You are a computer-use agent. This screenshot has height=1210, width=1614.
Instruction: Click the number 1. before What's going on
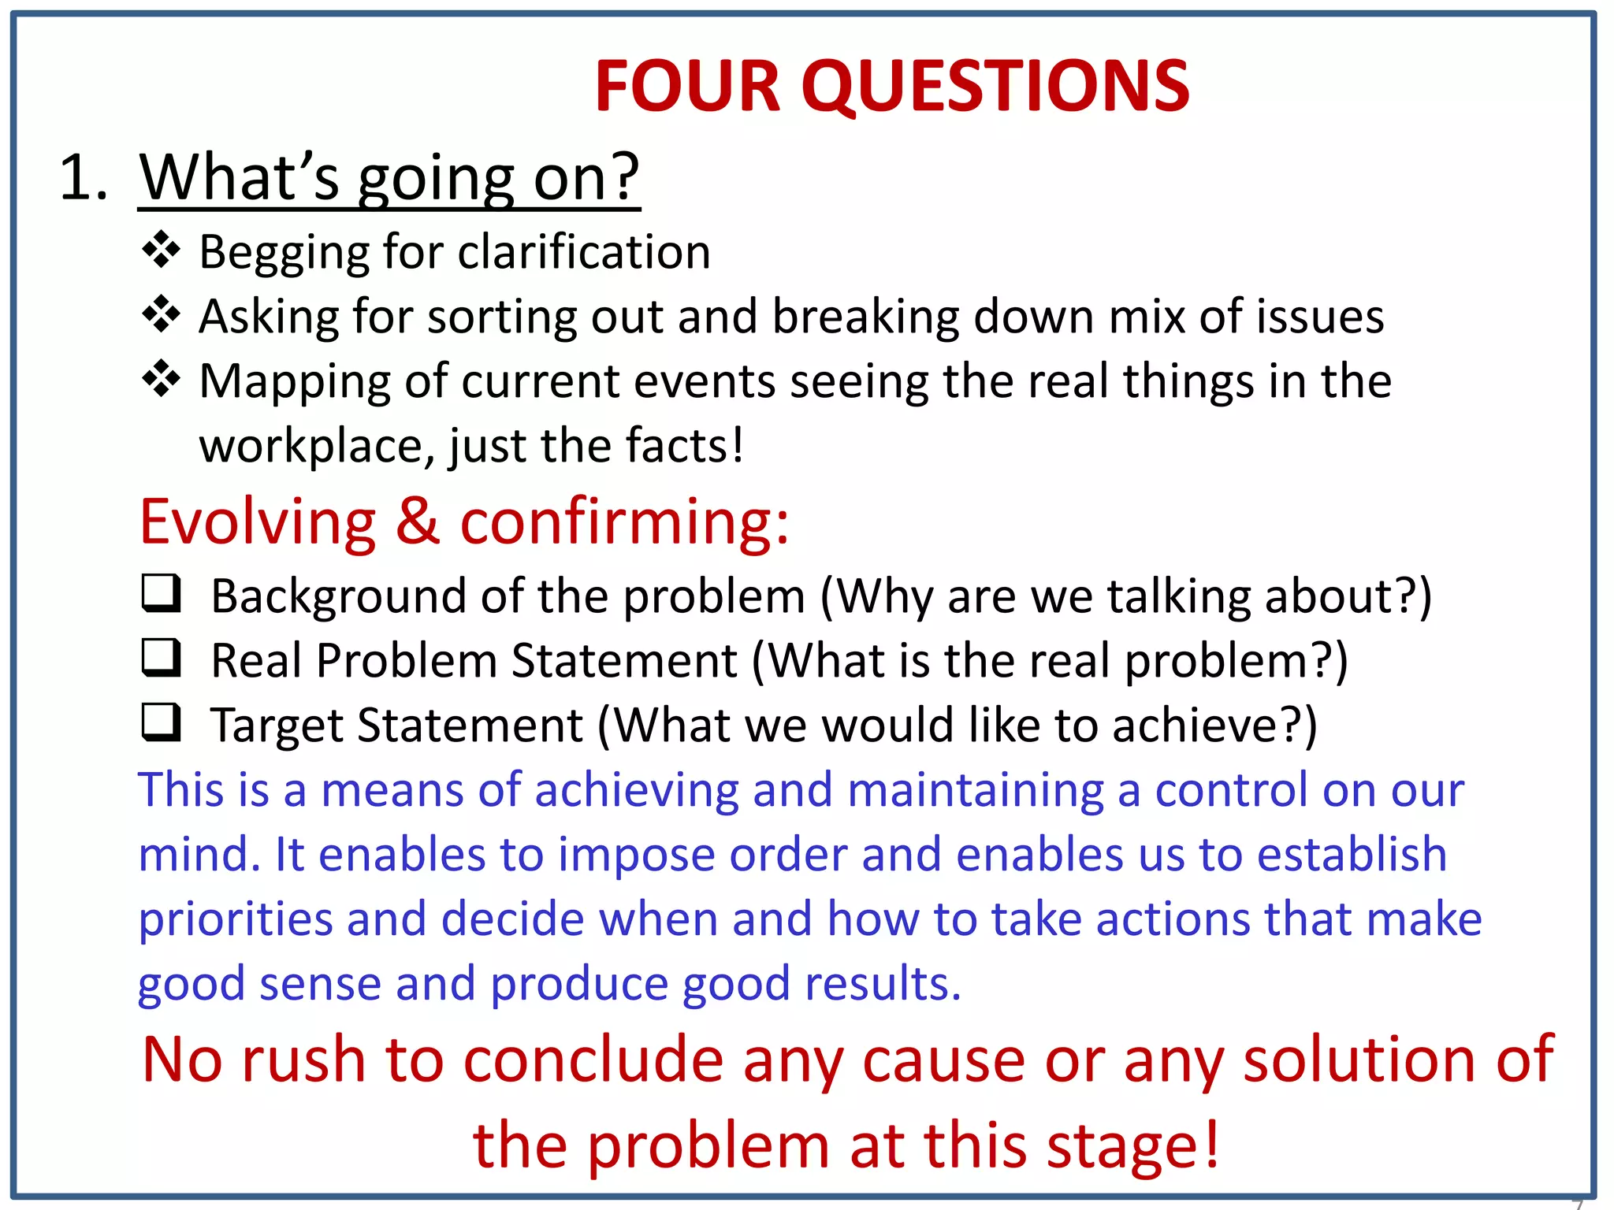click(83, 178)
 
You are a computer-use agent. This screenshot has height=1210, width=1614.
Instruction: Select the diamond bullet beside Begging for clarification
click(162, 251)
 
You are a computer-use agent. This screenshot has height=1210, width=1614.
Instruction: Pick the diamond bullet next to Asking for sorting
click(162, 316)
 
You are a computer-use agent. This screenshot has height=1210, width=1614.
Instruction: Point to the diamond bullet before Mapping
click(162, 380)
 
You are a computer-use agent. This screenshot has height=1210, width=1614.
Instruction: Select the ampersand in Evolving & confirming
click(418, 521)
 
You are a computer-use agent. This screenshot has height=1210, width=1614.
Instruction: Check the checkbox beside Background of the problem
click(162, 593)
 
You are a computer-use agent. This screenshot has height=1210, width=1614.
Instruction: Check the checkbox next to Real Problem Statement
click(162, 658)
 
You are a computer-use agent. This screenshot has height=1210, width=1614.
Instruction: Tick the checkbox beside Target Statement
click(162, 722)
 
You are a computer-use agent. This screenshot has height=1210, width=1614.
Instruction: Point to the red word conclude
click(593, 1060)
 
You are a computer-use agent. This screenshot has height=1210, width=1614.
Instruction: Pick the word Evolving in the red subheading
click(258, 521)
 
